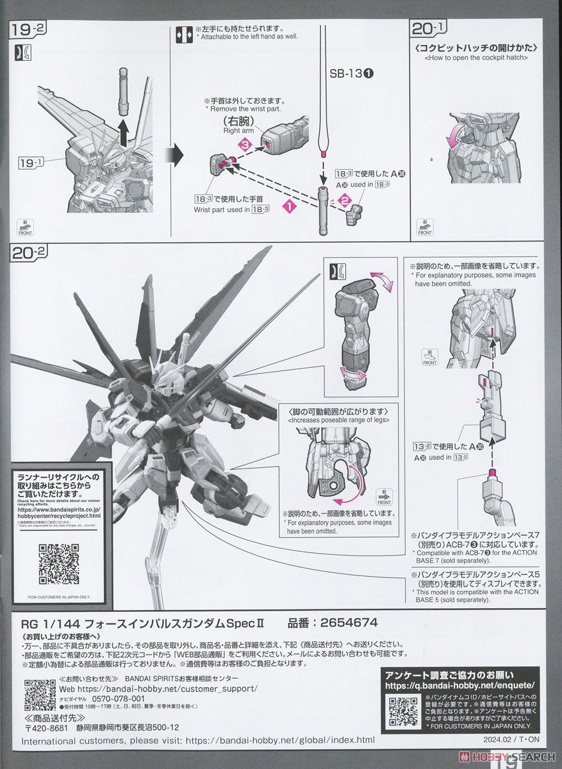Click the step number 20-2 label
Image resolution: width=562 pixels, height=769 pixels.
tap(29, 254)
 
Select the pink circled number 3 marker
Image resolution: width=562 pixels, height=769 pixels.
tap(244, 146)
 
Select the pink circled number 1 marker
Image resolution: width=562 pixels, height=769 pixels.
tap(290, 206)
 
